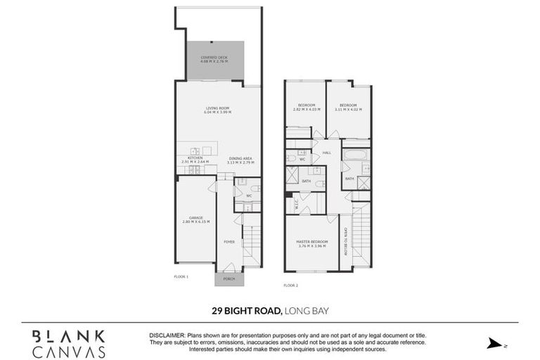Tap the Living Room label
[x=217, y=110]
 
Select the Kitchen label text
[x=195, y=160]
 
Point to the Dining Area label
[x=241, y=160]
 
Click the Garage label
[x=196, y=219]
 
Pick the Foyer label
[x=229, y=242]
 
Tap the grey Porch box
[x=229, y=278]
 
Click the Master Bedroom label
[x=313, y=244]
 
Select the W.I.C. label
[x=297, y=205]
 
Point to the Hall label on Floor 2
[x=327, y=153]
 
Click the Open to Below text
[x=346, y=238]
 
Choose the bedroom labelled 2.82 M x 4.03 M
[x=307, y=107]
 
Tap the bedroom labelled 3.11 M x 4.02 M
[x=349, y=107]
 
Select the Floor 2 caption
[x=291, y=285]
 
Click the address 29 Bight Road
[x=247, y=309]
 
